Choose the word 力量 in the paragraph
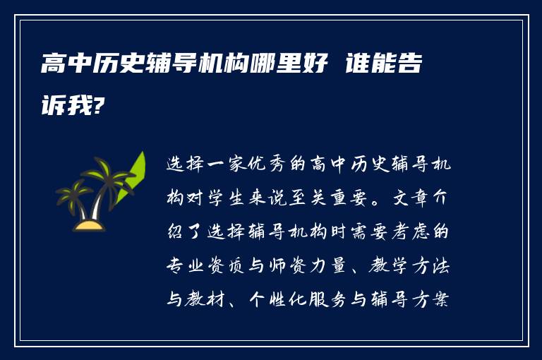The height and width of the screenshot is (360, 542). click(329, 265)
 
